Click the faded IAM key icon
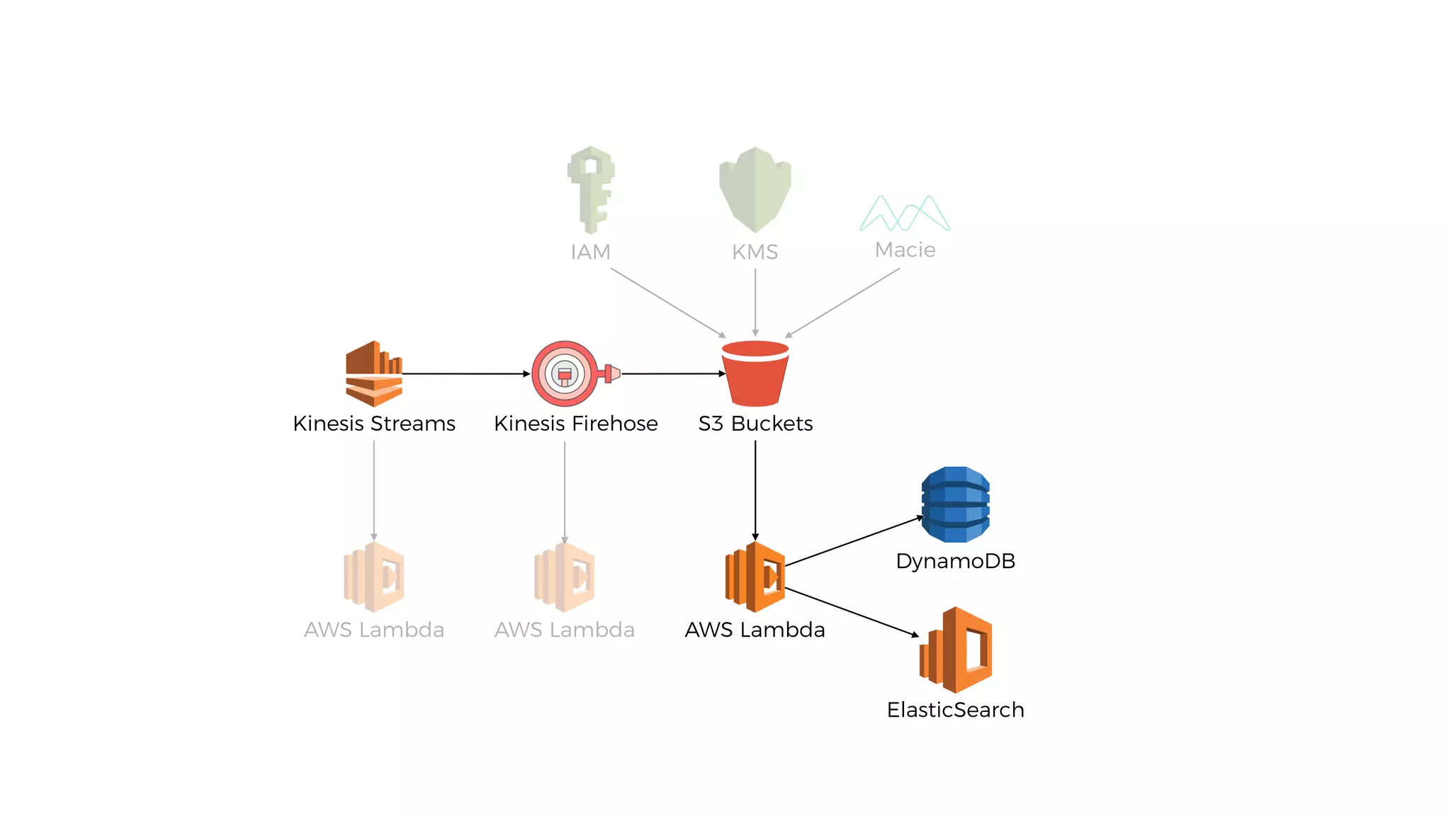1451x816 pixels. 591,189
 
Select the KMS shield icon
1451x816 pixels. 755,189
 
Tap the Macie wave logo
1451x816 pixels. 905,213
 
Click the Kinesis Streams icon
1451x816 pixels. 374,373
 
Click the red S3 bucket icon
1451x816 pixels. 755,374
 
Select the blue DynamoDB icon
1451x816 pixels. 956,504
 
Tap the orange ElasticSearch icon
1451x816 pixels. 956,650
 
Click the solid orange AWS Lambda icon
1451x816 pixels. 755,577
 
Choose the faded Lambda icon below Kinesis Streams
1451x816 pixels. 374,577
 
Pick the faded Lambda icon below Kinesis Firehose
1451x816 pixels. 565,577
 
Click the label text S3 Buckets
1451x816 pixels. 755,424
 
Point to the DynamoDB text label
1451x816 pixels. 955,561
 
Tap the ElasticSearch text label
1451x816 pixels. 955,710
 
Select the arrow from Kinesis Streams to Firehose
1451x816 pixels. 466,373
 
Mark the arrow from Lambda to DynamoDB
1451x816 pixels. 854,541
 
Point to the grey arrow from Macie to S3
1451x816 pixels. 842,302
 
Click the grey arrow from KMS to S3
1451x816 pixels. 755,302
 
